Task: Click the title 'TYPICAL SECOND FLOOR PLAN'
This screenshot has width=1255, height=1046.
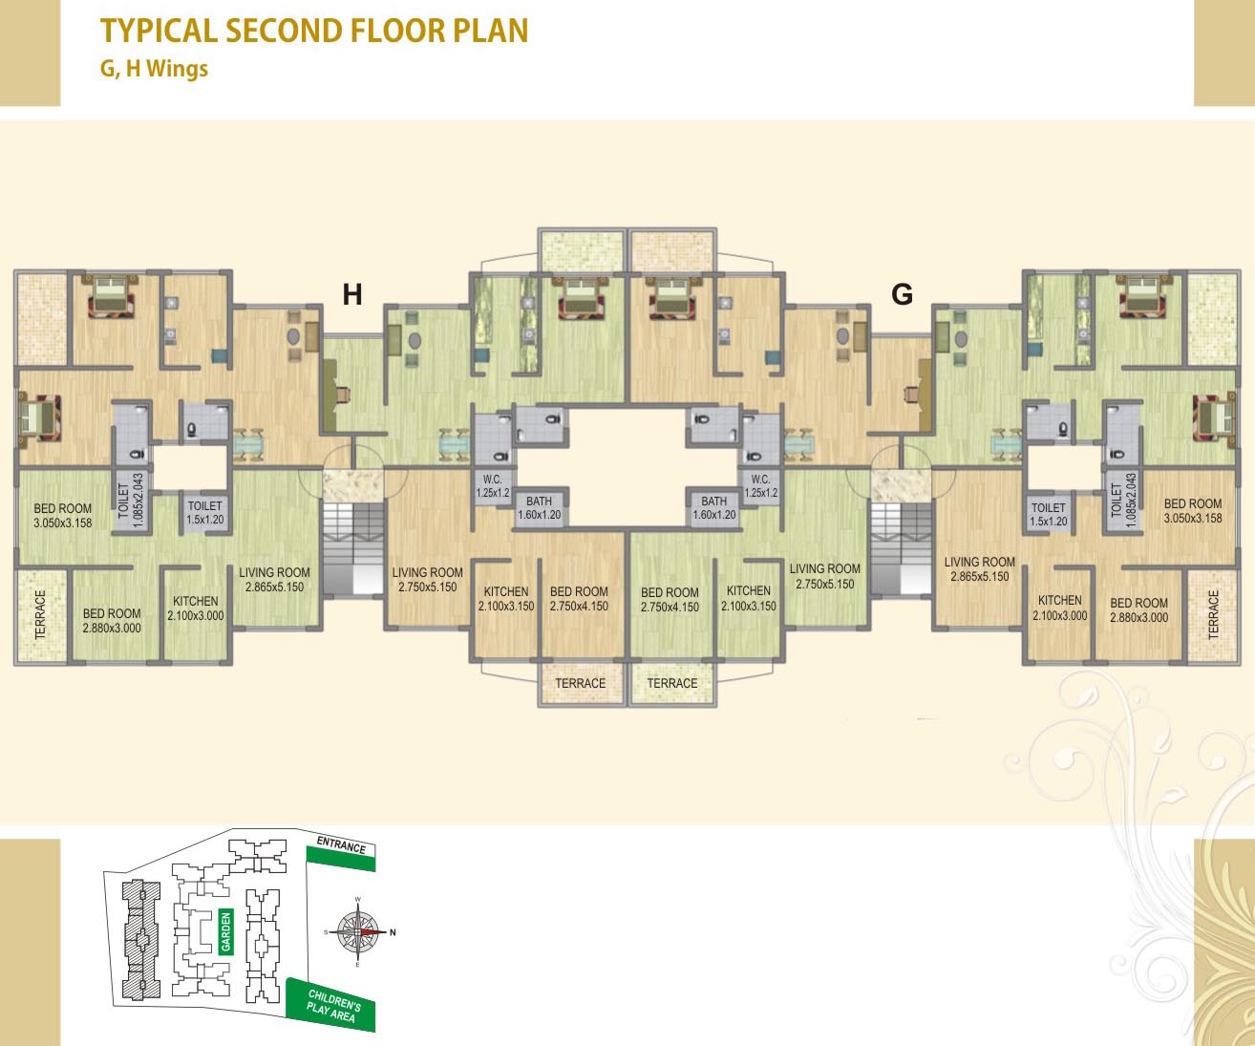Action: pos(314,31)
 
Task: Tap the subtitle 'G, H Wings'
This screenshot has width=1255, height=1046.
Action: pos(154,69)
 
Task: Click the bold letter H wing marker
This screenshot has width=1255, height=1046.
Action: pos(352,294)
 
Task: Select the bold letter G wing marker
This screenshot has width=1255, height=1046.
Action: pos(902,294)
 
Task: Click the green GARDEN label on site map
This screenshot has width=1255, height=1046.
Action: pos(226,931)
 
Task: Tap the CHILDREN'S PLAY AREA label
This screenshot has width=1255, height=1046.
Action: pos(332,1005)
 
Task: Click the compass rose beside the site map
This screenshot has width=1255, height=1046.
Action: pos(358,931)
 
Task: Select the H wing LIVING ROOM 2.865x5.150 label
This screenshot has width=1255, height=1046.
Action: pos(274,580)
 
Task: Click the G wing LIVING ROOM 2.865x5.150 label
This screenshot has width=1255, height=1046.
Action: pos(979,569)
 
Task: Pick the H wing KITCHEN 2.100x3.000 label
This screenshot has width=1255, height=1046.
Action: pos(196,608)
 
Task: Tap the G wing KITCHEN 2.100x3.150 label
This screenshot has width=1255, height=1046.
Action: pos(749,598)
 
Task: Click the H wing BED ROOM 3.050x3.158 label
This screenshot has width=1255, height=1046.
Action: pos(63,516)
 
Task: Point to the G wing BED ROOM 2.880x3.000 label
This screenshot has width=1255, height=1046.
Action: pos(1138,610)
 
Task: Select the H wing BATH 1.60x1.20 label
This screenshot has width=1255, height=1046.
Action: pos(539,507)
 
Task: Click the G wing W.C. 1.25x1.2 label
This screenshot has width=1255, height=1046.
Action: pos(760,486)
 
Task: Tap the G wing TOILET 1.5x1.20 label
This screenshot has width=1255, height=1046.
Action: pos(1049,515)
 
